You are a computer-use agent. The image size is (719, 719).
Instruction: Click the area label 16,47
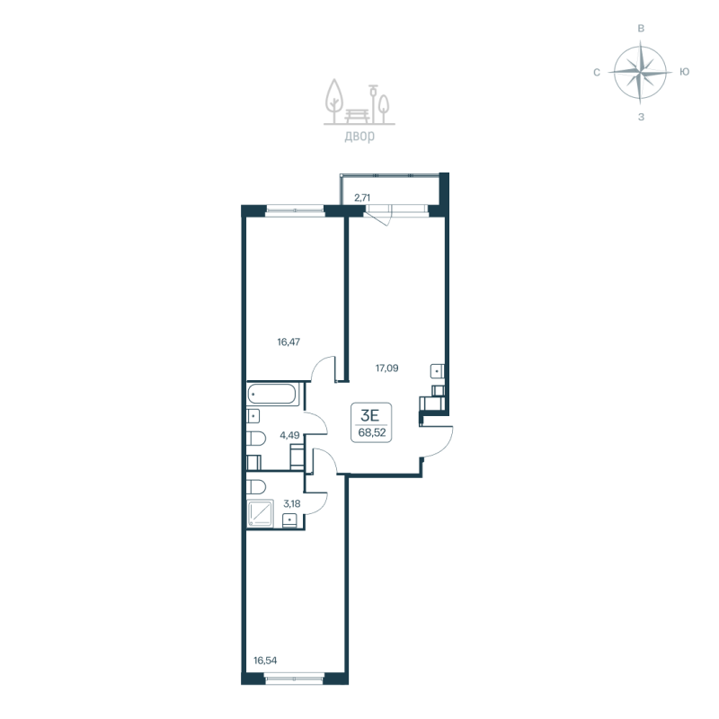[x=288, y=342]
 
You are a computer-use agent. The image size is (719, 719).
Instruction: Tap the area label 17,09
[x=386, y=367]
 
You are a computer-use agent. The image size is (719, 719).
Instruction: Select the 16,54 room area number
[x=265, y=661]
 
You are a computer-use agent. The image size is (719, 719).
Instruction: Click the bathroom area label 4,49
[x=289, y=435]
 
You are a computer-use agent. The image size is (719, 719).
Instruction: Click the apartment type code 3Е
[x=368, y=414]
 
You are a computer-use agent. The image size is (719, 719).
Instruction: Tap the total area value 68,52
[x=369, y=432]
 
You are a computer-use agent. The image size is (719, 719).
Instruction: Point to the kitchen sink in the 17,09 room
[x=436, y=370]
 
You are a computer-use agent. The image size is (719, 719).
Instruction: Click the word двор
[x=359, y=138]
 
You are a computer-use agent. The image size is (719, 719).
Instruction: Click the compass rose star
[x=640, y=72]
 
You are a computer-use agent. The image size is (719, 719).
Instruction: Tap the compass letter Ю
[x=685, y=72]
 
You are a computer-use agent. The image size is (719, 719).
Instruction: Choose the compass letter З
[x=641, y=117]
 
